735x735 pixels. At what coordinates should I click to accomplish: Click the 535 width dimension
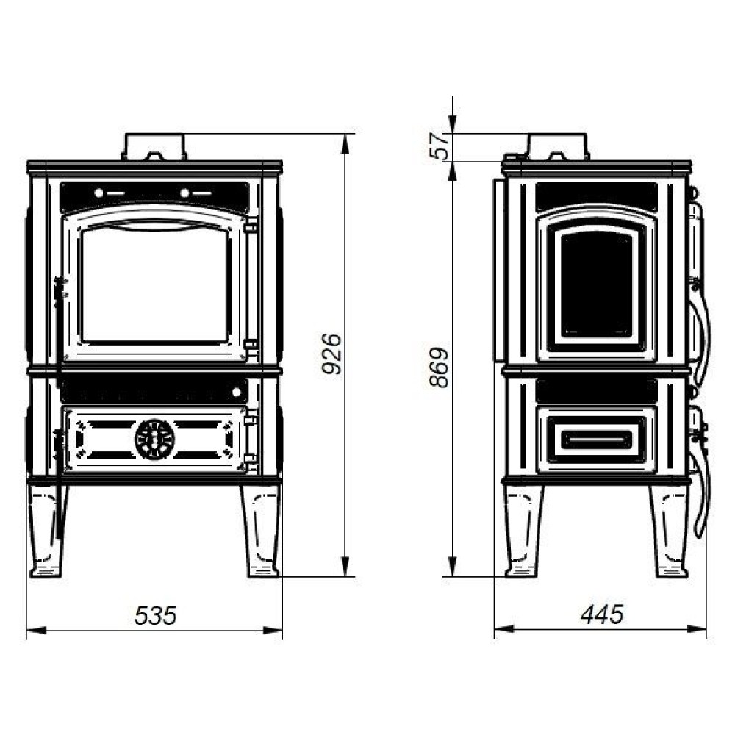[156, 615]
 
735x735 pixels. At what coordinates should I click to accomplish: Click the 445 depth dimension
[602, 614]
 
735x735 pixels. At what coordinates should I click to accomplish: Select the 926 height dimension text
[332, 354]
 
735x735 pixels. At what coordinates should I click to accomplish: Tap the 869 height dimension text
[440, 367]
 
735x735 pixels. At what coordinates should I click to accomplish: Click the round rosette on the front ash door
[154, 440]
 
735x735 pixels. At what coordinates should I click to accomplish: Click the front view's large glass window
[155, 285]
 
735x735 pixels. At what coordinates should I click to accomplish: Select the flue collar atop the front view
[154, 147]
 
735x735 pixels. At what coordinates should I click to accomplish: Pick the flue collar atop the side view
[558, 147]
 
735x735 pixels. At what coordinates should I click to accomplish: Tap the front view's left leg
[48, 530]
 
